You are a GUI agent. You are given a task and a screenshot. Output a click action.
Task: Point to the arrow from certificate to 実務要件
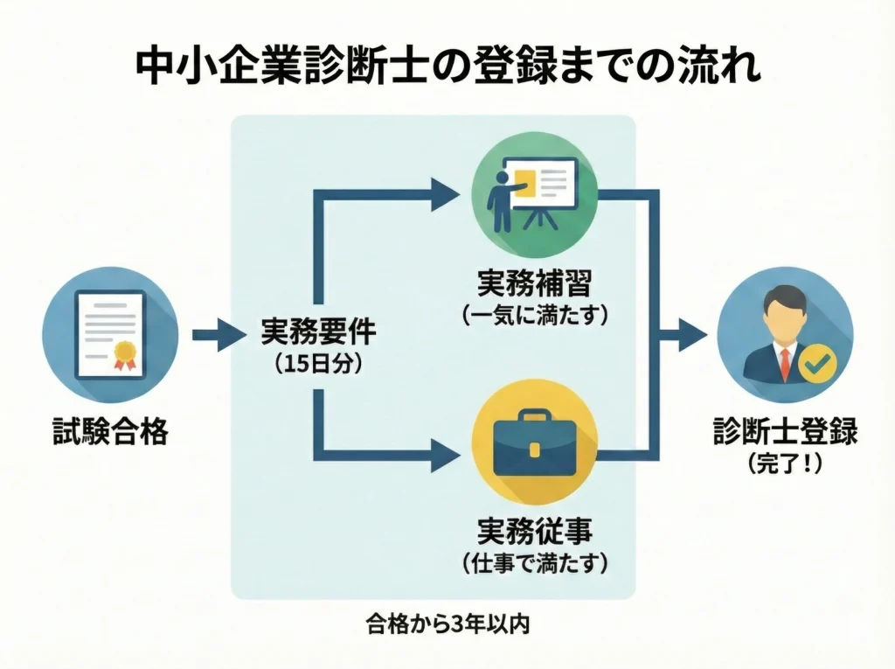pos(214,334)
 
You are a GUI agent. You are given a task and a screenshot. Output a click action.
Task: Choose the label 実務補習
pos(534,283)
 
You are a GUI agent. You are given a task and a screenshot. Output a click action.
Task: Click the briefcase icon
pos(534,447)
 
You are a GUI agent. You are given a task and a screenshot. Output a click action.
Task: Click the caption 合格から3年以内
pos(447,627)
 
